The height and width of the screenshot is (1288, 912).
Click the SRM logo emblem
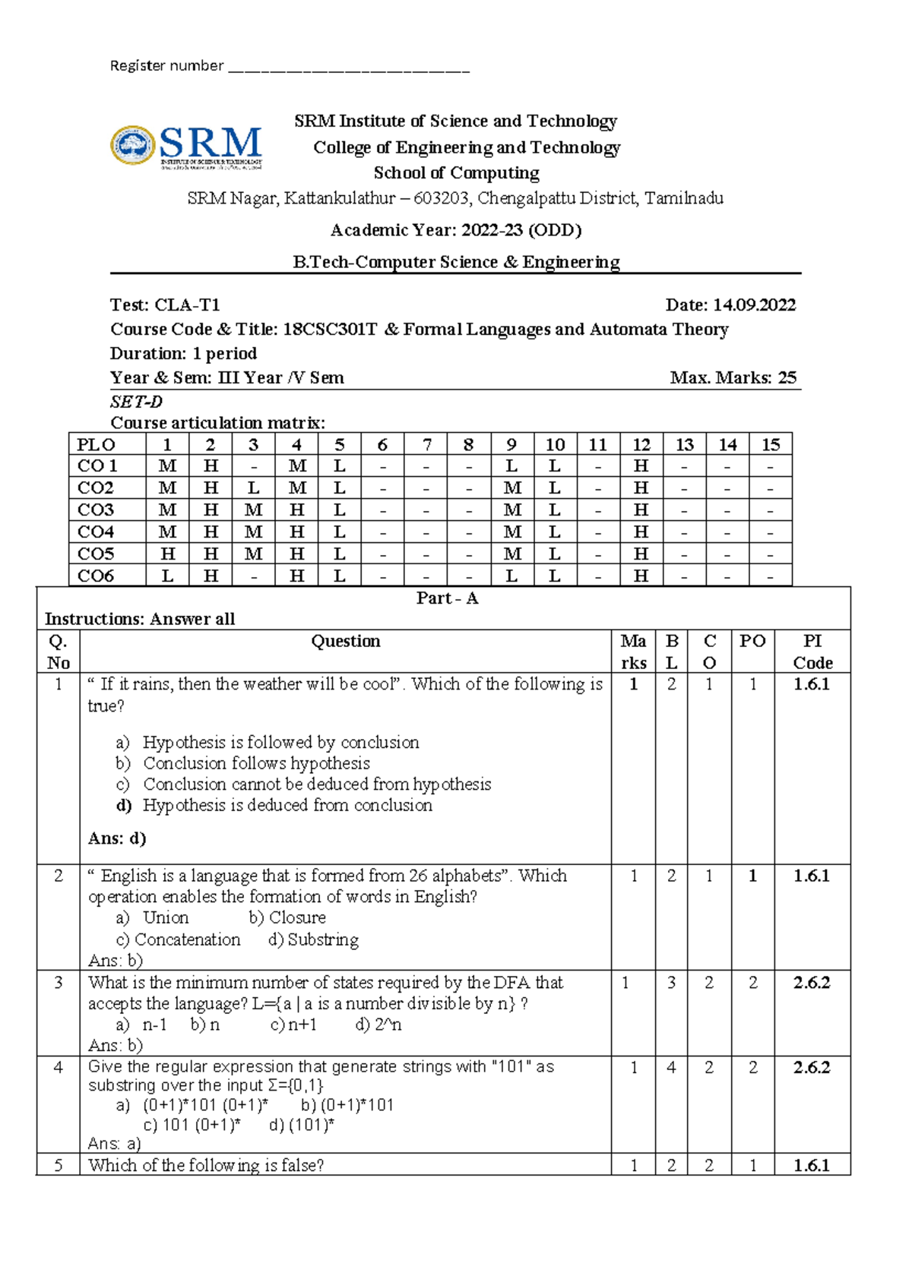133,145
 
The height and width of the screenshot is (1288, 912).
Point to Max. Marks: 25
733,377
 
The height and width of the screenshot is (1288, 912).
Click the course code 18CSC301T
330,330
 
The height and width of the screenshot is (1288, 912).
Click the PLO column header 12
641,445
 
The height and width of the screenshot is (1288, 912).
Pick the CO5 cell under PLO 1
168,554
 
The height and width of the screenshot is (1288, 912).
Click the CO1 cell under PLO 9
511,466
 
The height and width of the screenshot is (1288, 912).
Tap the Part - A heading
447,598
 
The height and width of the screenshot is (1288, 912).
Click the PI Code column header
812,652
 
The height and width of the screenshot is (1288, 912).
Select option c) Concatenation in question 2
179,939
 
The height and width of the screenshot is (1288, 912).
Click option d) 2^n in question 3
378,1024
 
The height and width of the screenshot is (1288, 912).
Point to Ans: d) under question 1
117,838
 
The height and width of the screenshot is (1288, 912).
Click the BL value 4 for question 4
671,1068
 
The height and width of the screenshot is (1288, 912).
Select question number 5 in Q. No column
59,1165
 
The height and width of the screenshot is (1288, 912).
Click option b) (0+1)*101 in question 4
347,1105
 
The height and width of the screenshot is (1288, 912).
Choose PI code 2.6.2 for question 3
812,983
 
